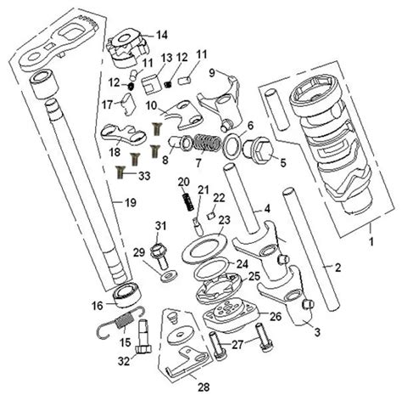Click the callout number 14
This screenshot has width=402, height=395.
pos(162,35)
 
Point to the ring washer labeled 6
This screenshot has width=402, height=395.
pos(232,145)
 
